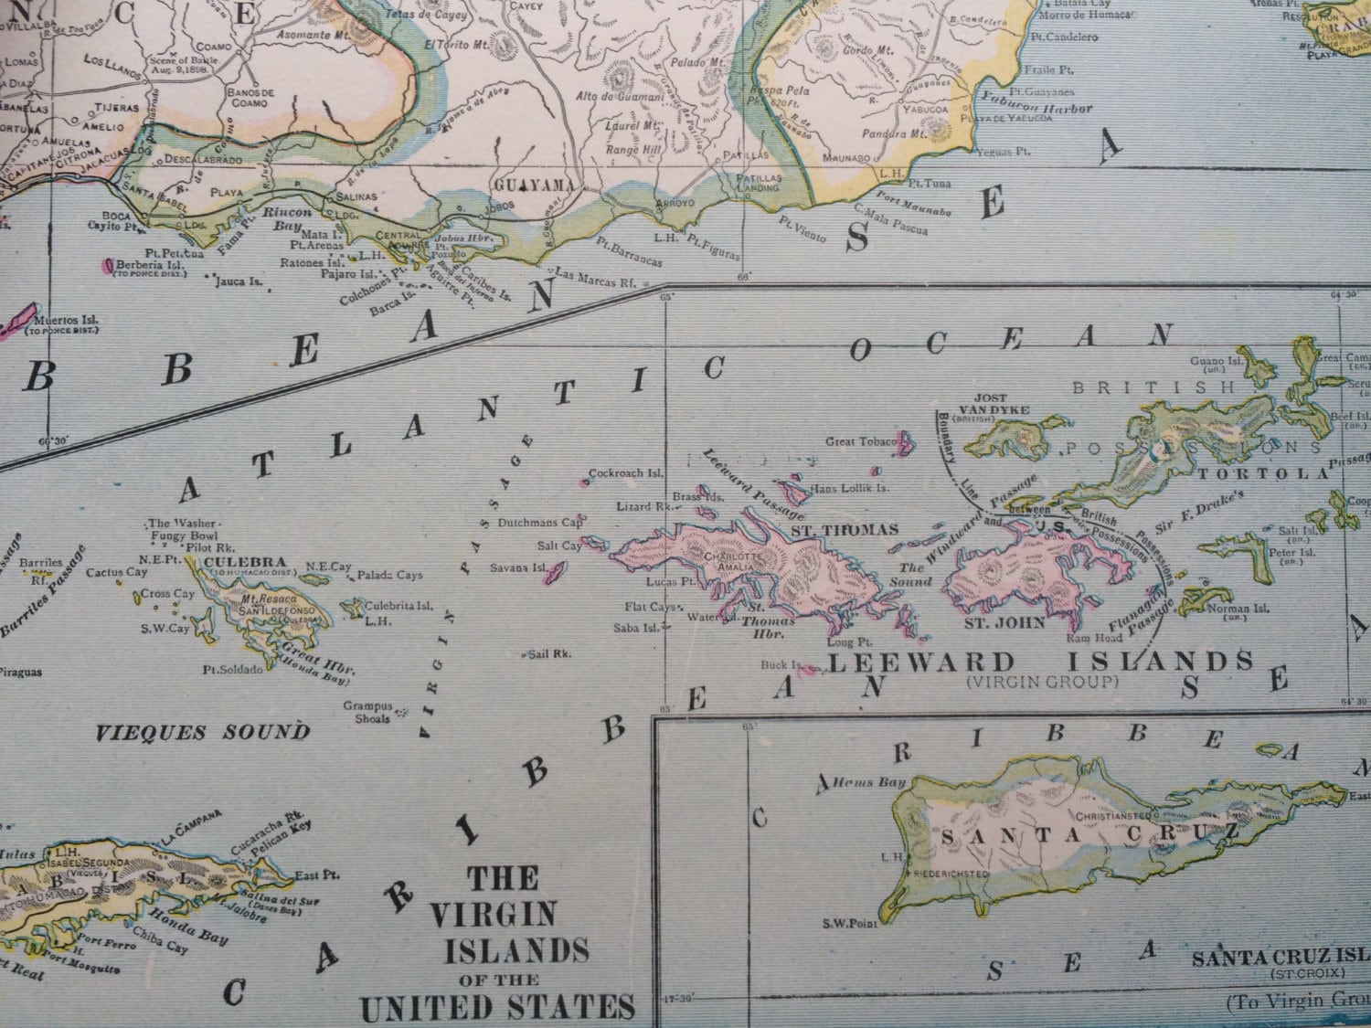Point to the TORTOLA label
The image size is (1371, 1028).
pyautogui.click(x=1261, y=473)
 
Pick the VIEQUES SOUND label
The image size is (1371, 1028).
pyautogui.click(x=203, y=732)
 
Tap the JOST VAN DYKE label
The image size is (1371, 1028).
pyautogui.click(x=983, y=404)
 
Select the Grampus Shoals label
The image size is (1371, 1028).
pyautogui.click(x=368, y=712)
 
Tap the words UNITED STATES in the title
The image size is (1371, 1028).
pyautogui.click(x=497, y=1007)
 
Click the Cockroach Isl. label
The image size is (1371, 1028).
pyautogui.click(x=625, y=473)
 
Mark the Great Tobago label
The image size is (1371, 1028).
pyautogui.click(x=860, y=441)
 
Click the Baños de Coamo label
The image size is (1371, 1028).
pyautogui.click(x=250, y=98)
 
